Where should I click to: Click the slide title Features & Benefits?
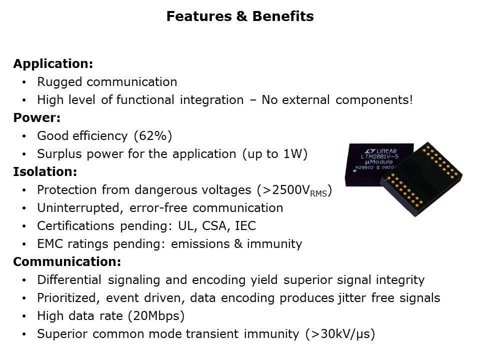pyautogui.click(x=240, y=16)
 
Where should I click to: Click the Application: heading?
pyautogui.click(x=53, y=64)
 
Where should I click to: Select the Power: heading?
pyautogui.click(x=37, y=118)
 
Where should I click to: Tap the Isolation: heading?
pyautogui.click(x=45, y=172)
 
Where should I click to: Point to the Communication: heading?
pyautogui.click(x=67, y=262)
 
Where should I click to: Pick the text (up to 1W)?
pyautogui.click(x=274, y=154)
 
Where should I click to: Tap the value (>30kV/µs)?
pyautogui.click(x=339, y=334)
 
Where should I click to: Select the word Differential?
pyautogui.click(x=69, y=280)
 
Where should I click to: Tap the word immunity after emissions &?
pyautogui.click(x=277, y=244)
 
